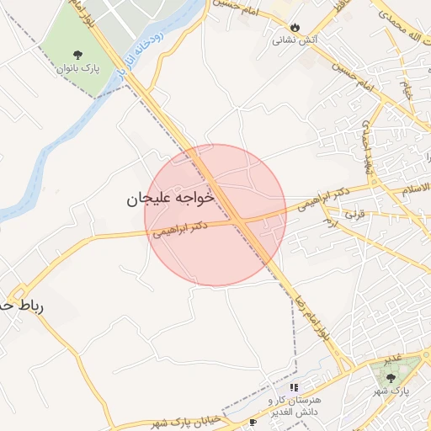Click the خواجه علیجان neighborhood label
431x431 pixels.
171,198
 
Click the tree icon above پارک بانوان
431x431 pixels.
78,56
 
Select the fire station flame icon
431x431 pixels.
295,27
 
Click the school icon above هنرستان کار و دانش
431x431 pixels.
294,387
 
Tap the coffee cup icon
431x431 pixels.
253,421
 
